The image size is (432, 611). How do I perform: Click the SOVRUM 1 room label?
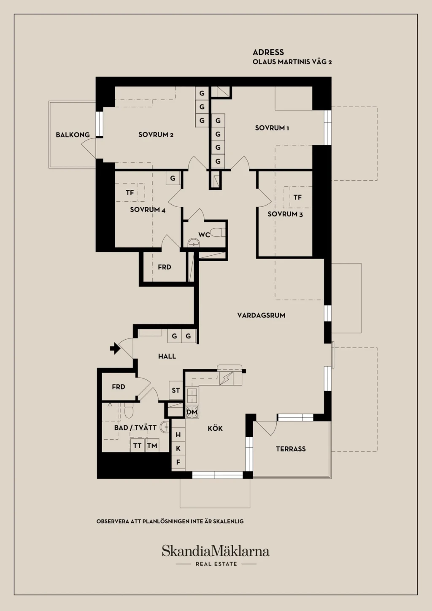pyautogui.click(x=272, y=128)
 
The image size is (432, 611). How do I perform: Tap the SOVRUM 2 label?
pyautogui.click(x=156, y=135)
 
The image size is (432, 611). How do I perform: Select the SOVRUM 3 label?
pyautogui.click(x=285, y=214)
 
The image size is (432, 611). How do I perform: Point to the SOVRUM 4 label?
pyautogui.click(x=148, y=210)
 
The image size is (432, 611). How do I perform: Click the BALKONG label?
pyautogui.click(x=73, y=135)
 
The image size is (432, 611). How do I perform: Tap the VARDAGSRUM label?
pyautogui.click(x=261, y=315)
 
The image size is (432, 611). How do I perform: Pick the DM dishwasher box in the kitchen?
pyautogui.click(x=192, y=412)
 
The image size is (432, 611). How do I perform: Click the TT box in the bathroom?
pyautogui.click(x=137, y=446)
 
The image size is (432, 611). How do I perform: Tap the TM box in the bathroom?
pyautogui.click(x=152, y=446)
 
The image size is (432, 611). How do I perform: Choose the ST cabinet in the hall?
pyautogui.click(x=175, y=390)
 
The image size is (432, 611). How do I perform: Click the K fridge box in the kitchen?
pyautogui.click(x=178, y=448)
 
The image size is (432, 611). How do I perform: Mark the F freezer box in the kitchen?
pyautogui.click(x=178, y=462)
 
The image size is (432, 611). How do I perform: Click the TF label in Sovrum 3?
pyautogui.click(x=297, y=197)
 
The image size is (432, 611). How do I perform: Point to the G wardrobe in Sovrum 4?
pyautogui.click(x=173, y=178)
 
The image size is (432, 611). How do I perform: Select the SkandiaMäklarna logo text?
pyautogui.click(x=216, y=551)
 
